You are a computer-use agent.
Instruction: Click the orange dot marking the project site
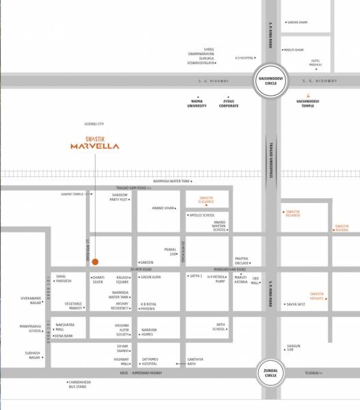[96, 262]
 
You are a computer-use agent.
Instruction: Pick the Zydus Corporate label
[229, 103]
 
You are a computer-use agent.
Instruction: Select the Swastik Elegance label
[202, 200]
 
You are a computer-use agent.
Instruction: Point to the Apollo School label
[202, 215]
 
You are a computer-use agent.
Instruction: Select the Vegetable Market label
[73, 305]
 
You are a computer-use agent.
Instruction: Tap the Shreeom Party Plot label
[120, 197]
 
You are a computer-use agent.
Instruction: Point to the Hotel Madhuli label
[316, 62]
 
